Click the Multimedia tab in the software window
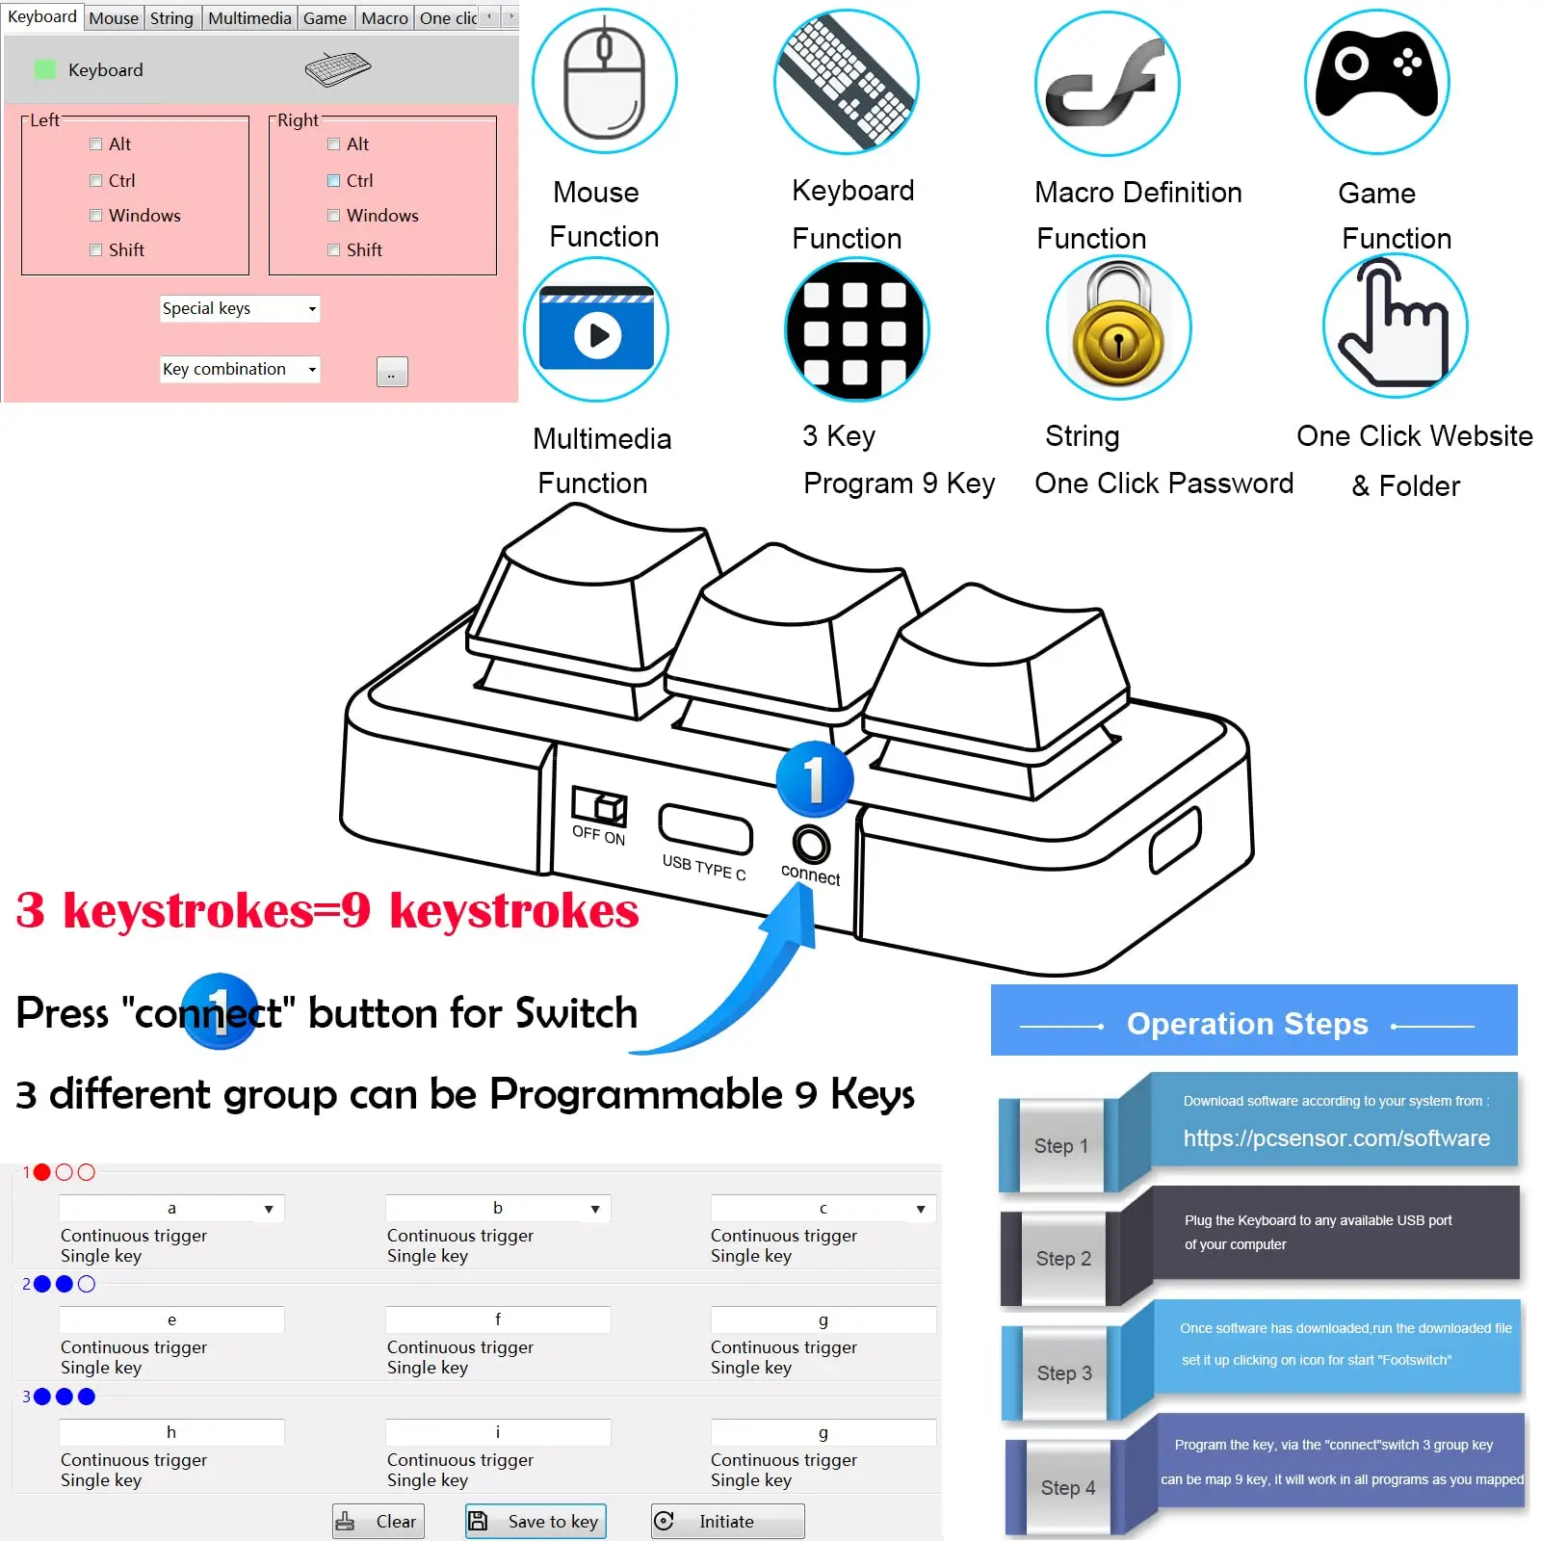click(x=249, y=18)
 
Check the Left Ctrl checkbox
click(x=96, y=180)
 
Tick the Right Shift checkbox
click(x=334, y=250)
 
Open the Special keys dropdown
click(x=240, y=308)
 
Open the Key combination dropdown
click(x=240, y=369)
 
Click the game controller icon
click(x=1376, y=82)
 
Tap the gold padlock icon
click(x=1118, y=327)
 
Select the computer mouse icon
click(x=604, y=82)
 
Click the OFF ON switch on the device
click(x=599, y=806)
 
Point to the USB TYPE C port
click(x=705, y=828)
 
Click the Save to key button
click(x=535, y=1521)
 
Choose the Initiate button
click(x=727, y=1521)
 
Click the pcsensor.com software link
click(x=1336, y=1137)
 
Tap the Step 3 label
click(x=1063, y=1372)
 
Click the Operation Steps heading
click(x=1247, y=1023)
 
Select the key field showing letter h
click(x=171, y=1432)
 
